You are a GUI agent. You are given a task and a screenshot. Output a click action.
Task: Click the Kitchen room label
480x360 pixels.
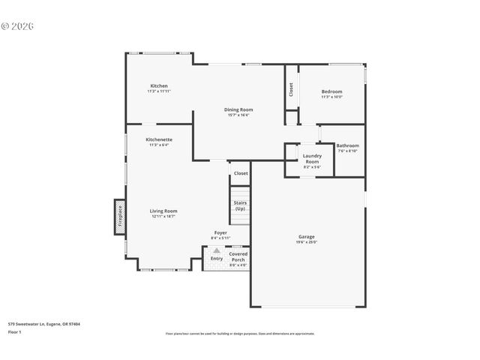pyautogui.click(x=159, y=85)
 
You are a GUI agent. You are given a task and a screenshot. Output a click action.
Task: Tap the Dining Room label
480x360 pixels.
pyautogui.click(x=238, y=109)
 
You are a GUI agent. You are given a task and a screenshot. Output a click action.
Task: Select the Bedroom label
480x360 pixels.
pyautogui.click(x=331, y=91)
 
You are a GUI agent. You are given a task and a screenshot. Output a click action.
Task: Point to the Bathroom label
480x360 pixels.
pyautogui.click(x=347, y=145)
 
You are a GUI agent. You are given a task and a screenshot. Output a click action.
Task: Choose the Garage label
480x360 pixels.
pyautogui.click(x=307, y=237)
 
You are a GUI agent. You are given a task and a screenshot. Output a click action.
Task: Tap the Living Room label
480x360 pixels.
pyautogui.click(x=163, y=211)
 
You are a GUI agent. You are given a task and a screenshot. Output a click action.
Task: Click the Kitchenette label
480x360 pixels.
pyautogui.click(x=159, y=139)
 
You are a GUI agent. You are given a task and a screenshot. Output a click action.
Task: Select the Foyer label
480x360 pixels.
pyautogui.click(x=220, y=232)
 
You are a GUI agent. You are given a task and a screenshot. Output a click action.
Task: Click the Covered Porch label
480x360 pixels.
pyautogui.click(x=238, y=256)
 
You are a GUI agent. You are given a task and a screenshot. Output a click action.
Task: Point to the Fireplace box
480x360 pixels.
pyautogui.click(x=118, y=217)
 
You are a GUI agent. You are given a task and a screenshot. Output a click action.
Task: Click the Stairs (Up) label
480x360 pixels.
pyautogui.click(x=240, y=205)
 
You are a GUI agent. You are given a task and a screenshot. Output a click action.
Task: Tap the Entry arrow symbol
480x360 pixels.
pyautogui.click(x=217, y=250)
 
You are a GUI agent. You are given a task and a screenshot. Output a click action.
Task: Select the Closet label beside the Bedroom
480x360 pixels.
pyautogui.click(x=291, y=89)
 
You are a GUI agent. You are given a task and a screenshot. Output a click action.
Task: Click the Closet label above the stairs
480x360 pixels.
pyautogui.click(x=241, y=173)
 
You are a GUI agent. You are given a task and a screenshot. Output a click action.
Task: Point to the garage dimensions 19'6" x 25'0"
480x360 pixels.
pyautogui.click(x=307, y=242)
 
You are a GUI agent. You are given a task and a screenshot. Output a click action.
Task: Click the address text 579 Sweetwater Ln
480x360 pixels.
pyautogui.click(x=44, y=324)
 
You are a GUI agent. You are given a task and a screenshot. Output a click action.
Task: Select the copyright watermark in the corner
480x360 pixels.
pyautogui.click(x=18, y=25)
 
